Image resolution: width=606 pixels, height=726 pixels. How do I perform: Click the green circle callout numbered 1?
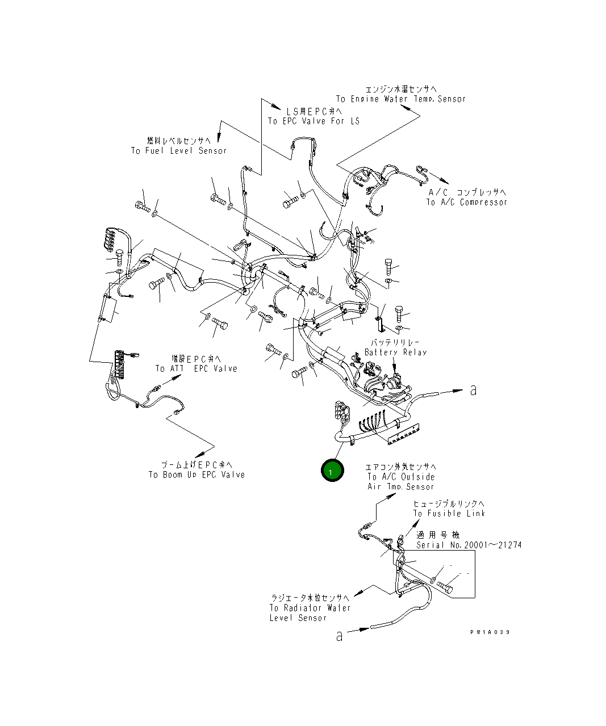[332, 471]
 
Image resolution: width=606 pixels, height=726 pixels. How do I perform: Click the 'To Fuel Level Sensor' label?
[178, 150]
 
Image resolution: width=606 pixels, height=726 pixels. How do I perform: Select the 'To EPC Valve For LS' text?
[314, 121]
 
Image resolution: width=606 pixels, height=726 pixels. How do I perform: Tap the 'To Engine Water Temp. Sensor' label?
[400, 99]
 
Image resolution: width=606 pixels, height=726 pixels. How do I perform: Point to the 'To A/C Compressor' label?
[467, 202]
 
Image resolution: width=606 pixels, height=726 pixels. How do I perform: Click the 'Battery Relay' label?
[395, 352]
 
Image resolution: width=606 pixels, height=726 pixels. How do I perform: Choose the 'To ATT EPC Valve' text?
[196, 368]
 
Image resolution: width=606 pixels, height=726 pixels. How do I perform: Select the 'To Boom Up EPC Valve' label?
[197, 475]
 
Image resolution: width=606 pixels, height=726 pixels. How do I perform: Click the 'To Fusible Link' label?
[449, 513]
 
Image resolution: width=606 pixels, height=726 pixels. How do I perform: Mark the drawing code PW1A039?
[490, 632]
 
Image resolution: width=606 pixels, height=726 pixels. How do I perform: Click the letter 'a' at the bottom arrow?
[339, 635]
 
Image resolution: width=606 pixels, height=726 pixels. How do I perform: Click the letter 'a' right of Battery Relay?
[473, 389]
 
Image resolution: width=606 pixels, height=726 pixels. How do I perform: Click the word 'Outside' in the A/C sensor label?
[417, 477]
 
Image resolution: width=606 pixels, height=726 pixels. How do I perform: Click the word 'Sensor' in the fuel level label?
[212, 150]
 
